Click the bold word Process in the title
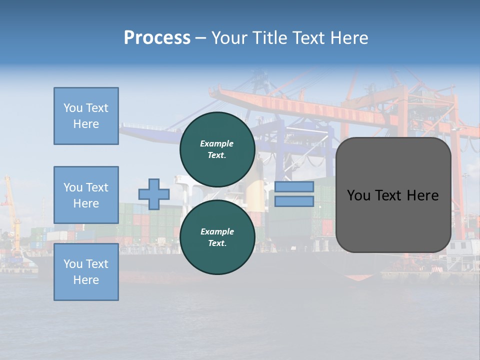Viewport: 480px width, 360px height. coord(157,38)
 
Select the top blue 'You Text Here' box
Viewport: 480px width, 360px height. coord(86,116)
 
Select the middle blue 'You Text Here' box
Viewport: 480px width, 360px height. coord(86,195)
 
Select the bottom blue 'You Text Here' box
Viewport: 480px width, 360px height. coord(86,272)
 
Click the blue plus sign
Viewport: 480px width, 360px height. coord(154,194)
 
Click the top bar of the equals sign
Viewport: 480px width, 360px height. coord(294,187)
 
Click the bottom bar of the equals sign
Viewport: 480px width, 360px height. coord(294,201)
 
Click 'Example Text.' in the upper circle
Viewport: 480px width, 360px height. coord(217,149)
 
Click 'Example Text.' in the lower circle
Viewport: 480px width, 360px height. coord(217,237)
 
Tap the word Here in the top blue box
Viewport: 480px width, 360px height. coord(86,124)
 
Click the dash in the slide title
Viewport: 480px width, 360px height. coord(201,38)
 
